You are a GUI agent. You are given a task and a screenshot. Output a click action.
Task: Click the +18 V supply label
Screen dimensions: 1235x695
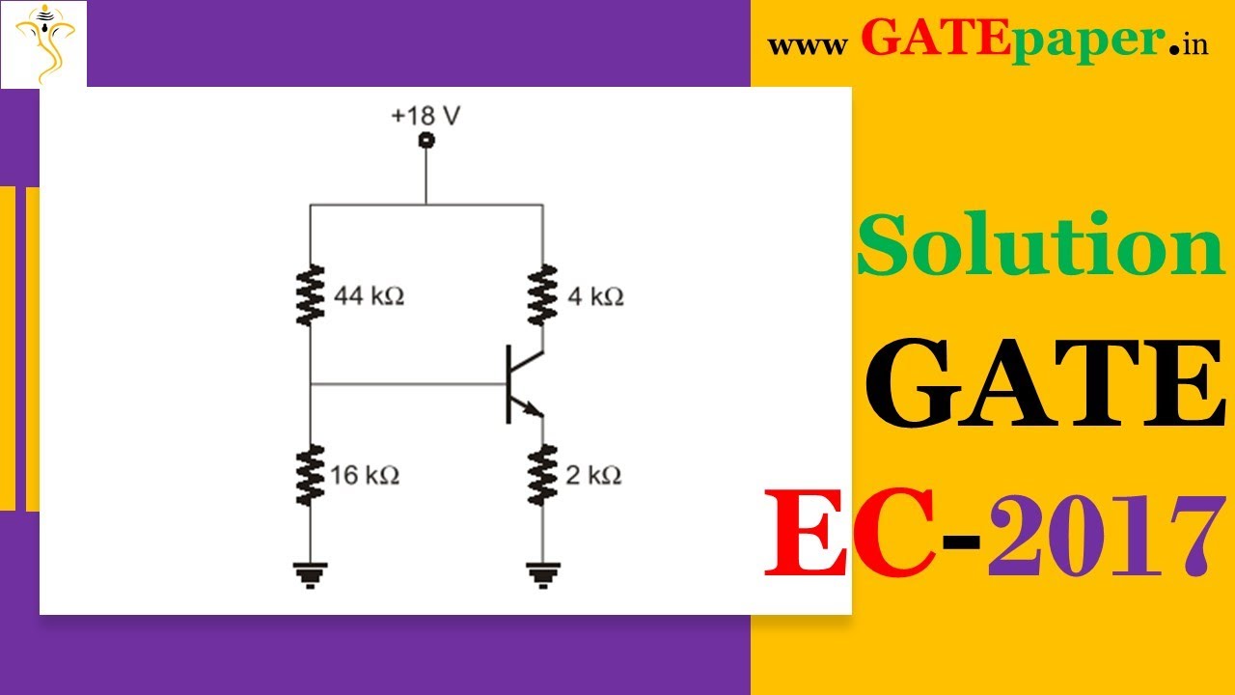pyautogui.click(x=425, y=116)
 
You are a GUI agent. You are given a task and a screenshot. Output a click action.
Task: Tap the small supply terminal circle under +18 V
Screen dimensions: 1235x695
pyautogui.click(x=425, y=141)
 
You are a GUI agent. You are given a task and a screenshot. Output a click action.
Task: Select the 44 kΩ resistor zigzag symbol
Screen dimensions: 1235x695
pyautogui.click(x=310, y=295)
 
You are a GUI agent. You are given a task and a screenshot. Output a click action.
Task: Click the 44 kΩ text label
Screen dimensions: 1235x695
pyautogui.click(x=369, y=296)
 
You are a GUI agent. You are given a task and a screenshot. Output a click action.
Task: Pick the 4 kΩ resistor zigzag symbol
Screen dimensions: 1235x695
pyautogui.click(x=542, y=295)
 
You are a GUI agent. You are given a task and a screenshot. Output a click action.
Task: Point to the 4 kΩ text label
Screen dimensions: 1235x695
pyautogui.click(x=595, y=296)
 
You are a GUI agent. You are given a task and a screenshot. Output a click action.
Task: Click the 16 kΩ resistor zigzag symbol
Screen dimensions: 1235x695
pyautogui.click(x=310, y=474)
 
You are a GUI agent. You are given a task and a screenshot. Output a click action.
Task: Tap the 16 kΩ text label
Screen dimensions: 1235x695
pyautogui.click(x=364, y=475)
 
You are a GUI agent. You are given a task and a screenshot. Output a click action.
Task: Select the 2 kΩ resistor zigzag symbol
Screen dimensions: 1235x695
pyautogui.click(x=542, y=474)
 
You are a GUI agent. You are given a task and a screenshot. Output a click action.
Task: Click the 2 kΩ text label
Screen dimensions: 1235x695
pyautogui.click(x=593, y=475)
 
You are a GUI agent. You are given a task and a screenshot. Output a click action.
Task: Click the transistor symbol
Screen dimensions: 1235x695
pyautogui.click(x=522, y=385)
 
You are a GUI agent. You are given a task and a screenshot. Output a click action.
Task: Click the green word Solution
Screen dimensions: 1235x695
pyautogui.click(x=1040, y=246)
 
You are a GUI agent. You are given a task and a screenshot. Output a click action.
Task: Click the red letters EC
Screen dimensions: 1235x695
pyautogui.click(x=849, y=533)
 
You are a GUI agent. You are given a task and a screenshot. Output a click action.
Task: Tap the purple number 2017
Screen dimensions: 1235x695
pyautogui.click(x=1100, y=533)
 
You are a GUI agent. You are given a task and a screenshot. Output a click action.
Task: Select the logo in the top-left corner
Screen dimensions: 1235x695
pyautogui.click(x=44, y=42)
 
